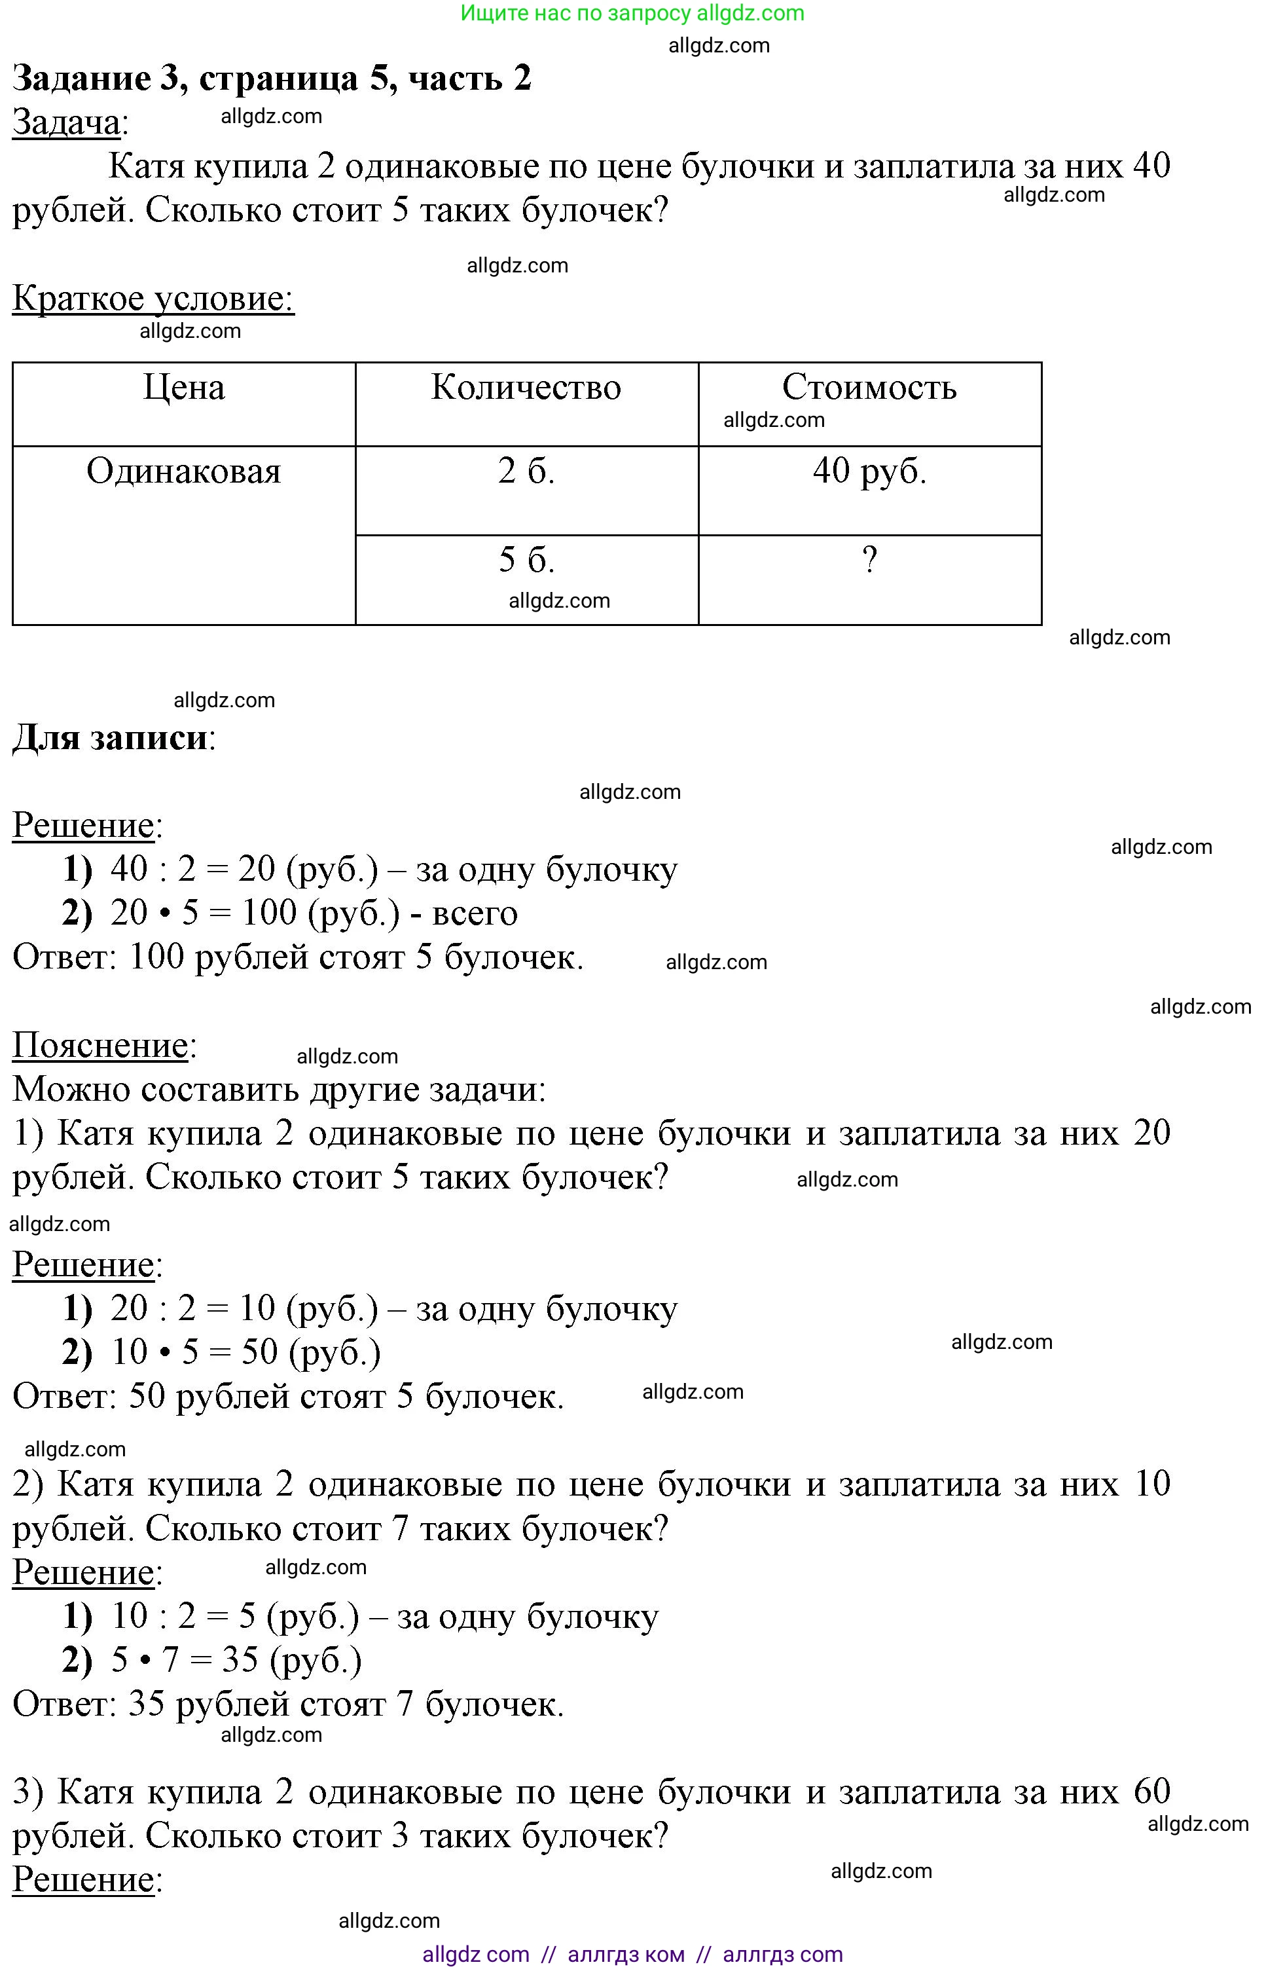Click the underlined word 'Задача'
65,122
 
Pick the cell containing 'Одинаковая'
183,472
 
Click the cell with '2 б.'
526,472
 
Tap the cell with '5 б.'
526,561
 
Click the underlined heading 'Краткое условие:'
153,299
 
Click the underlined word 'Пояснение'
100,1045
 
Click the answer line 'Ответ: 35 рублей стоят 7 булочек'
288,1704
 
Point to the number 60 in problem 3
1151,1791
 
